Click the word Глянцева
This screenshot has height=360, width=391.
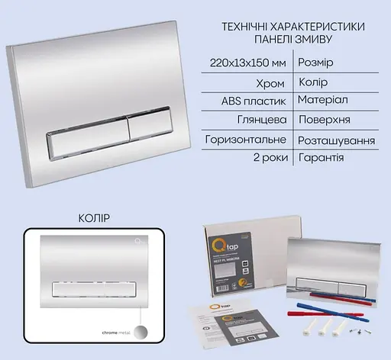[264, 121]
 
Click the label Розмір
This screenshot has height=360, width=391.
[313, 61]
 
